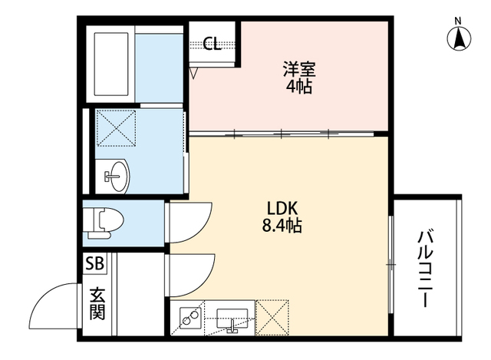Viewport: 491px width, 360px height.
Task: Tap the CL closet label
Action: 213,44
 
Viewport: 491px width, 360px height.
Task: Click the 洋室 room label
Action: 298,67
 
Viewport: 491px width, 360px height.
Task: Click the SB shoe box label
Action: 96,263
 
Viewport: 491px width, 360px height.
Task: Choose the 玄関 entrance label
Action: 97,303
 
